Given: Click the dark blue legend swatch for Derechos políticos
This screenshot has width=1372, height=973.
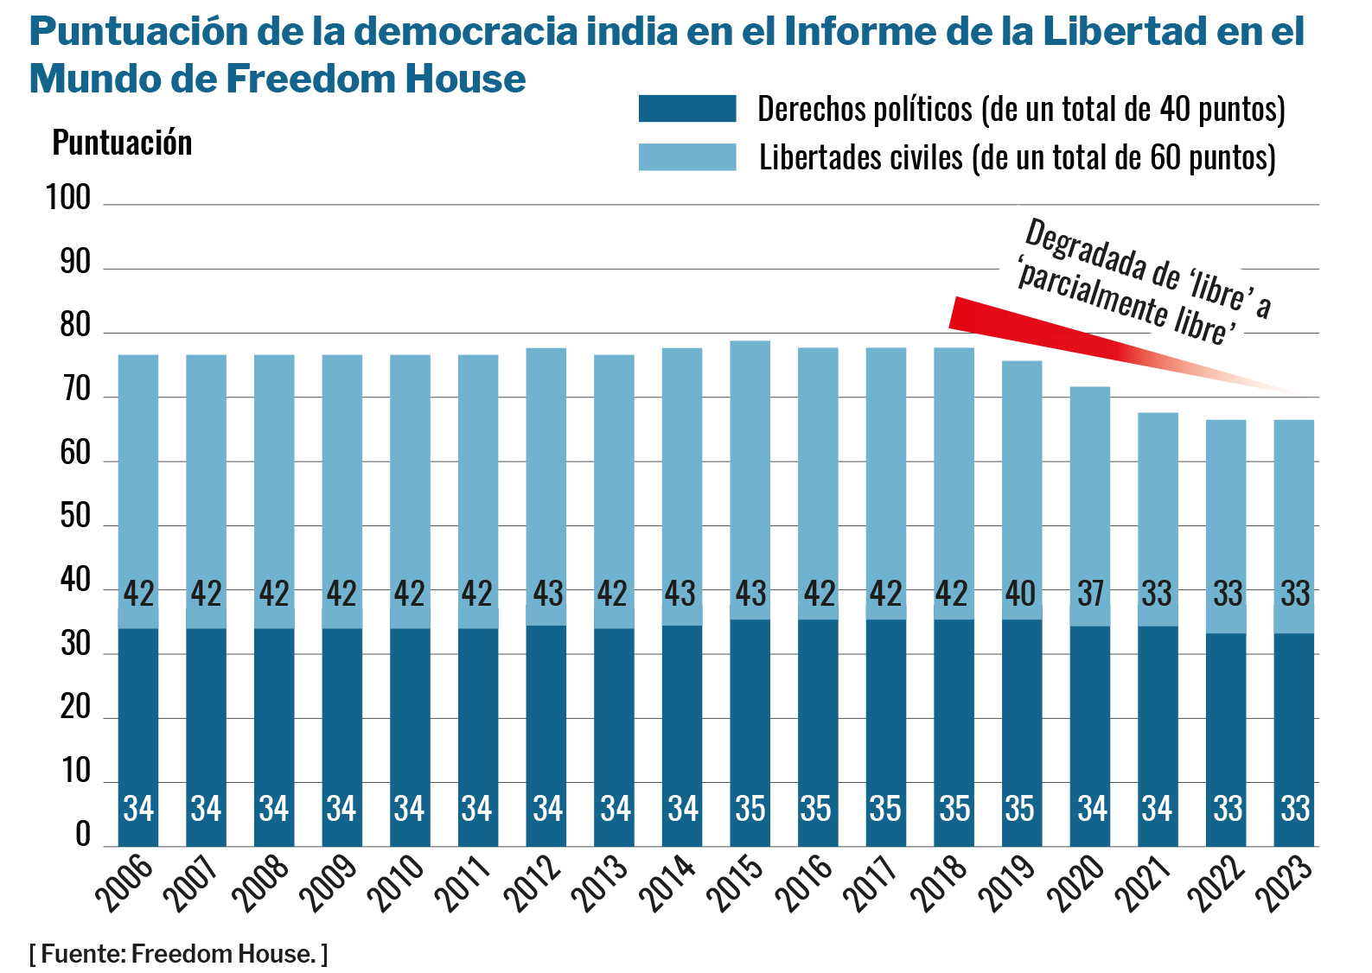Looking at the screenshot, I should [x=687, y=109].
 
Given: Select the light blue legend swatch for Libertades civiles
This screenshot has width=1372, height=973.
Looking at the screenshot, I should [x=687, y=157].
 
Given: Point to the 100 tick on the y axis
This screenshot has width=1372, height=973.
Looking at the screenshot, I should [x=68, y=198].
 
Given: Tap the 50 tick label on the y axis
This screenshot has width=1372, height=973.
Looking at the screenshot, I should [x=74, y=517].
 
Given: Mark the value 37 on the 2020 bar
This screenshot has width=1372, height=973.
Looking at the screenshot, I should [x=1090, y=594].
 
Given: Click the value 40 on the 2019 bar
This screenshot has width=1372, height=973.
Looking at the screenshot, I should [x=1021, y=594].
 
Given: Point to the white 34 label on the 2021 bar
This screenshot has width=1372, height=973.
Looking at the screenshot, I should [x=1158, y=809].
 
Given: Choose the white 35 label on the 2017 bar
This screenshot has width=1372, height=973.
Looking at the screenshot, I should [x=885, y=809].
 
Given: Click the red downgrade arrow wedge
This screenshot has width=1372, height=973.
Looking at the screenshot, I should [x=1037, y=328].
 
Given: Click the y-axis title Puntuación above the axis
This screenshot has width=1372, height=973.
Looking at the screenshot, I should [x=122, y=143].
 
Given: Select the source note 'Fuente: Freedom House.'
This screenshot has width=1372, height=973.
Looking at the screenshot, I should [x=178, y=954].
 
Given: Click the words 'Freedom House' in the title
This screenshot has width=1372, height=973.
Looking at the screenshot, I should [x=376, y=79].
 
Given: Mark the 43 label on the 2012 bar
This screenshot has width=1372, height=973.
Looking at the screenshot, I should [x=547, y=594].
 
